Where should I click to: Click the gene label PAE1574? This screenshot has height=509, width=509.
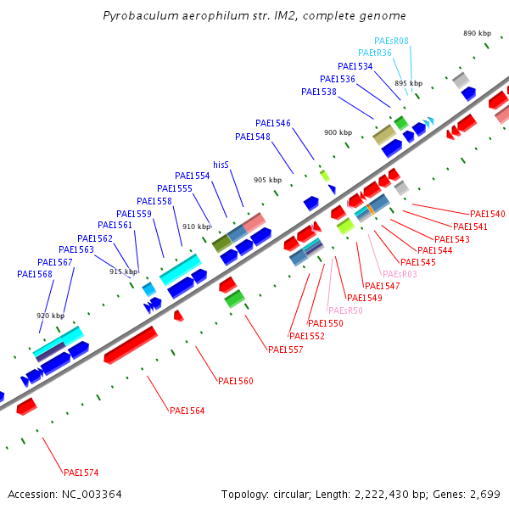click(x=81, y=473)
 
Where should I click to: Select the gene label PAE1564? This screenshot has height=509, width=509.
click(x=187, y=411)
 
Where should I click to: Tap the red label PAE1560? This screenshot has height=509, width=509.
click(x=235, y=381)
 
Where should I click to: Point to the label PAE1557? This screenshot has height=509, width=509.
click(x=285, y=350)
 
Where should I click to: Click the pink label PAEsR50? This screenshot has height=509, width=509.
click(x=345, y=310)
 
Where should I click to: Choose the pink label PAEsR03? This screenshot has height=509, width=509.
click(x=400, y=274)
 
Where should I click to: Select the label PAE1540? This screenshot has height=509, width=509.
click(x=487, y=214)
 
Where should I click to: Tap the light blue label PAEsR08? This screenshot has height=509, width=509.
click(x=391, y=41)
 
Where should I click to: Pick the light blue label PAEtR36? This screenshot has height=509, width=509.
click(x=374, y=53)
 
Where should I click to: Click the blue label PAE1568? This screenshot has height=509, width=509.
click(x=35, y=274)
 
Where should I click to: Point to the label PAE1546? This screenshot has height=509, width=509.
click(x=273, y=123)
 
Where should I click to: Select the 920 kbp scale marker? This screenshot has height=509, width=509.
click(x=49, y=316)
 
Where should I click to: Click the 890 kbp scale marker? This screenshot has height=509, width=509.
click(x=477, y=33)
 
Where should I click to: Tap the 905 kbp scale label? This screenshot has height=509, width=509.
click(x=267, y=180)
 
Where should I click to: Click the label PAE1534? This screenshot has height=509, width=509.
click(x=355, y=66)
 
